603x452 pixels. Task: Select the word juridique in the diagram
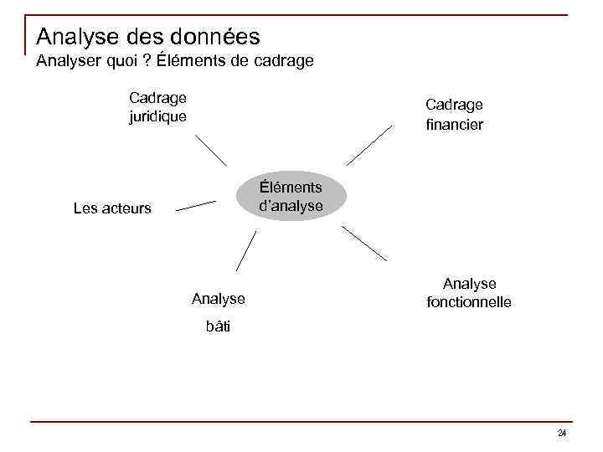click(x=157, y=116)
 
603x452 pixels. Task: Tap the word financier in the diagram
click(x=453, y=125)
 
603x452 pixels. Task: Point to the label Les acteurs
click(x=112, y=208)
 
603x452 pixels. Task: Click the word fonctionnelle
click(x=469, y=302)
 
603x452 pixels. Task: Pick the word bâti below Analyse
click(x=218, y=326)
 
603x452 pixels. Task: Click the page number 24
click(x=561, y=433)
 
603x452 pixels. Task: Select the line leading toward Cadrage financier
click(x=369, y=145)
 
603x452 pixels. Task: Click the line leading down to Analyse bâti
click(x=245, y=251)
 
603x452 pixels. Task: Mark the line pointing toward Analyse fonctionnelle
click(x=365, y=243)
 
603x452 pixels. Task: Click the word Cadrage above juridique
click(x=157, y=98)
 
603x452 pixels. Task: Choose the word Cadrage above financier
click(x=454, y=105)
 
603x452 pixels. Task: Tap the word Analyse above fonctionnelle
click(x=469, y=284)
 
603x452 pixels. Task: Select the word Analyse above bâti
click(x=218, y=298)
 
